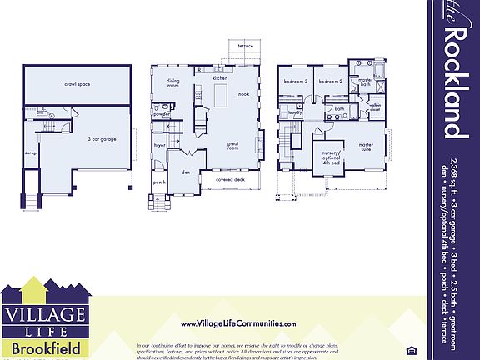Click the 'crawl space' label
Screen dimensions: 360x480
(x=77, y=84)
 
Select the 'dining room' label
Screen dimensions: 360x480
(x=173, y=83)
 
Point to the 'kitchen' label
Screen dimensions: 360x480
(x=219, y=77)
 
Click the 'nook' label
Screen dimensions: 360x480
(x=243, y=94)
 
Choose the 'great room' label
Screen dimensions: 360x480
(x=233, y=146)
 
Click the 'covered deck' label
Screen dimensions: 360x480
(x=229, y=179)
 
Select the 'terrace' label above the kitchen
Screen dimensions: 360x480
(x=245, y=46)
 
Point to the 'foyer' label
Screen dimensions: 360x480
(x=159, y=144)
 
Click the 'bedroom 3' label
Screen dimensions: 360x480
(x=295, y=82)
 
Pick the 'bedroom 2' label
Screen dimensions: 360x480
(x=330, y=82)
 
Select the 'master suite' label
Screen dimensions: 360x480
(x=366, y=146)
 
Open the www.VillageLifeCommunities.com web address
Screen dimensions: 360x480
(x=237, y=323)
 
